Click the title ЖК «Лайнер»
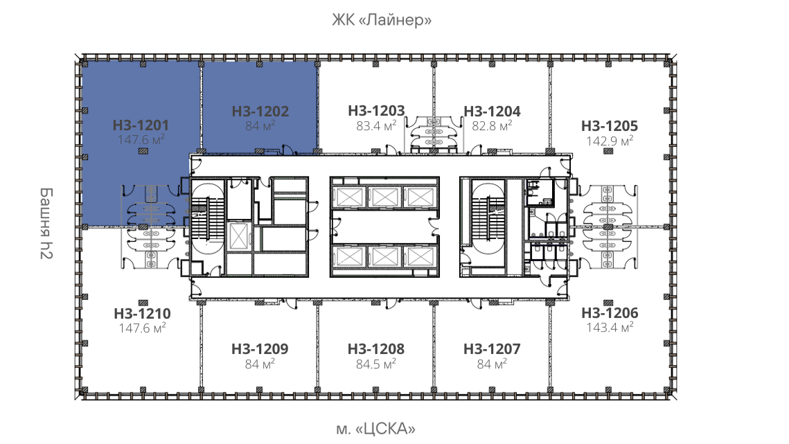coord(382,20)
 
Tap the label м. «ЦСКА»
coord(376,429)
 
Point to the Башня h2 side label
coord(46,224)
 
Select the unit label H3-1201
coord(141,125)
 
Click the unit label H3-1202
coord(260,112)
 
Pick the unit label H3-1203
coord(376,111)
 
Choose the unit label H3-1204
coord(492,112)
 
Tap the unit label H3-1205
coord(610,126)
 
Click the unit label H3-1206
coord(610,312)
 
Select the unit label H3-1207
coord(492,349)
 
